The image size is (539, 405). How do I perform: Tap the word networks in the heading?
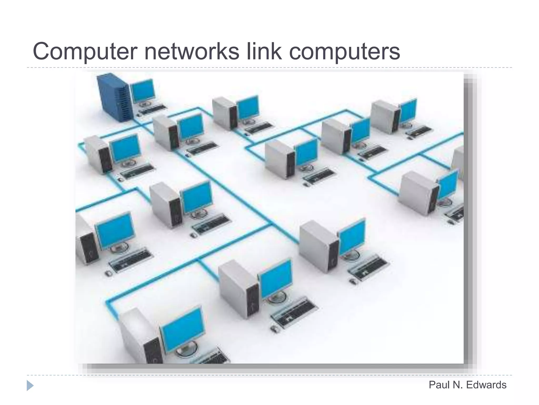(x=192, y=52)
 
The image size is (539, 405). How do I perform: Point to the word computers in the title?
(x=345, y=52)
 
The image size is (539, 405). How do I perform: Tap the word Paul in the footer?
(x=439, y=385)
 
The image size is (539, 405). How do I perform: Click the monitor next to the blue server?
(x=143, y=91)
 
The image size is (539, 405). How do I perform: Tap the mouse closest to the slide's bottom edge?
(x=274, y=328)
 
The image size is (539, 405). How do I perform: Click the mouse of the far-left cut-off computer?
(x=108, y=273)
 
